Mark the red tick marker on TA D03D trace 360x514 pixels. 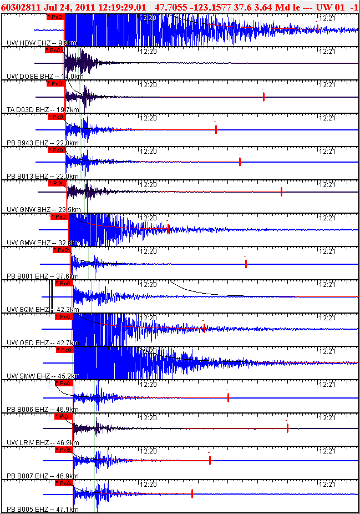click(x=263, y=97)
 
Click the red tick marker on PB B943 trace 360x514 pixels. click(x=215, y=129)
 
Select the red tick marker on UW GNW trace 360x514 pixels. click(x=281, y=192)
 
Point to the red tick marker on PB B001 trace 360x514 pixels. click(x=246, y=263)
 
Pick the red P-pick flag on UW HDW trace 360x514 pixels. click(x=55, y=17)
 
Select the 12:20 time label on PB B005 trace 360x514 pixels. click(x=148, y=483)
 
